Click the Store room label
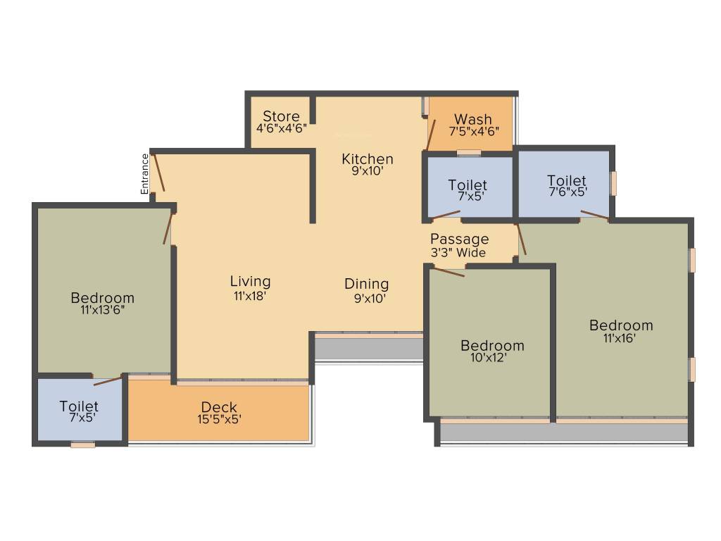pos(281,116)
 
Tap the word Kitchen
pos(368,158)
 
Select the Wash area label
pos(473,119)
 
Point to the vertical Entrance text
pos(145,174)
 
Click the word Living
pos(250,282)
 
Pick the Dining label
pos(366,284)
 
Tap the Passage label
pos(459,240)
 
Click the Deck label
pos(219,407)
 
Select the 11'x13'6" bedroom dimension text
pos(102,309)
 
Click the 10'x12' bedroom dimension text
pos(492,357)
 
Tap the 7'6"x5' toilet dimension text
pos(567,191)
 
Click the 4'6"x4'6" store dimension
pos(281,129)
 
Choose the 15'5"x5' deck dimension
pos(219,419)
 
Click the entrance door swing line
pos(158,173)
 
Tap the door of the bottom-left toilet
pos(108,380)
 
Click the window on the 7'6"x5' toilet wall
pos(613,183)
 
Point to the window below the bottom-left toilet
pos(82,444)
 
